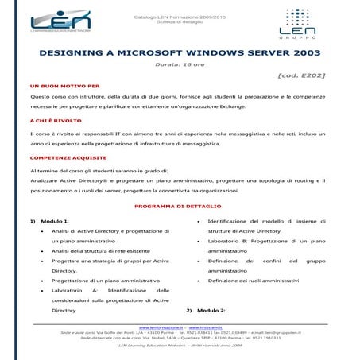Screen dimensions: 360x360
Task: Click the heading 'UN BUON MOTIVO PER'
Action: click(x=64, y=85)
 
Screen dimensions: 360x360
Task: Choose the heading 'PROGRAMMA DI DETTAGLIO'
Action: click(x=180, y=206)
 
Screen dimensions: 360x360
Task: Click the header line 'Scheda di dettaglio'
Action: click(x=180, y=19)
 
